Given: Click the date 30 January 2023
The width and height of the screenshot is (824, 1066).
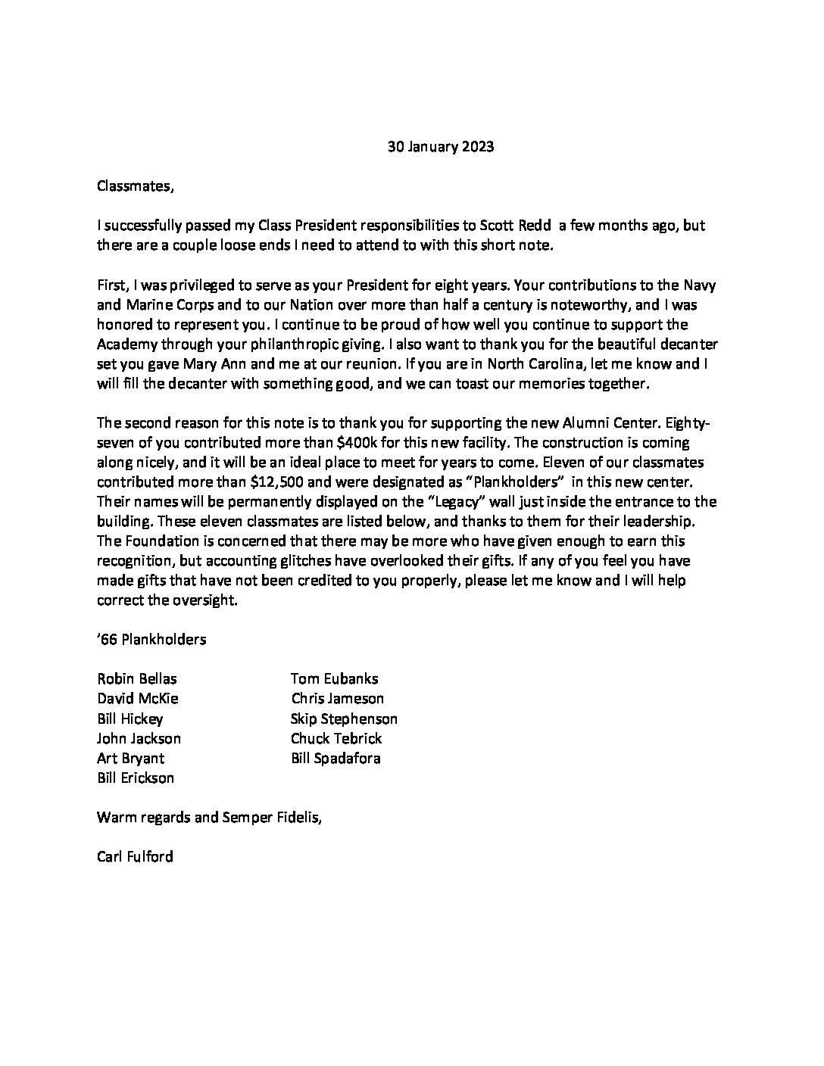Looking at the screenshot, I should point(440,147).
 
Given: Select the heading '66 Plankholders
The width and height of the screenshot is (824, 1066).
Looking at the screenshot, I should point(151,639).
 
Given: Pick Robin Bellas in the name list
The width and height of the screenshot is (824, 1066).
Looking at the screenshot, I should point(136,679).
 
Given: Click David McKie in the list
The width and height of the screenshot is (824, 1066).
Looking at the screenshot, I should point(138,699).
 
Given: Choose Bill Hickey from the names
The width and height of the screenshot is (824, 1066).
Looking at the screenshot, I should point(130,718).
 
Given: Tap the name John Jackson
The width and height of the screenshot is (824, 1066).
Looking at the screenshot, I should point(139,738).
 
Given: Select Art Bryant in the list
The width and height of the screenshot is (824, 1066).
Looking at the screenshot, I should point(130,758).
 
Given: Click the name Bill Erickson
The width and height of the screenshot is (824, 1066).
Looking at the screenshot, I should point(136,778).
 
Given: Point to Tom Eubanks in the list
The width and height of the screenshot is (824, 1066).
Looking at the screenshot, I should point(334,679).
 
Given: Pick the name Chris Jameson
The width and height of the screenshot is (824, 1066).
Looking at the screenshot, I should point(337,699).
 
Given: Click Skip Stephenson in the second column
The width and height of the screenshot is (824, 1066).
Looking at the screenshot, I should point(344,718).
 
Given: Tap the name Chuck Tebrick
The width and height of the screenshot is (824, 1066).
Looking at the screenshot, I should point(336,738).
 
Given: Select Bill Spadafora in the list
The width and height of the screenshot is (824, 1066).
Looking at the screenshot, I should point(336,758).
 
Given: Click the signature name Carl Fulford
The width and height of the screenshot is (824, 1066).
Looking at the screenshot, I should point(135,857).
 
